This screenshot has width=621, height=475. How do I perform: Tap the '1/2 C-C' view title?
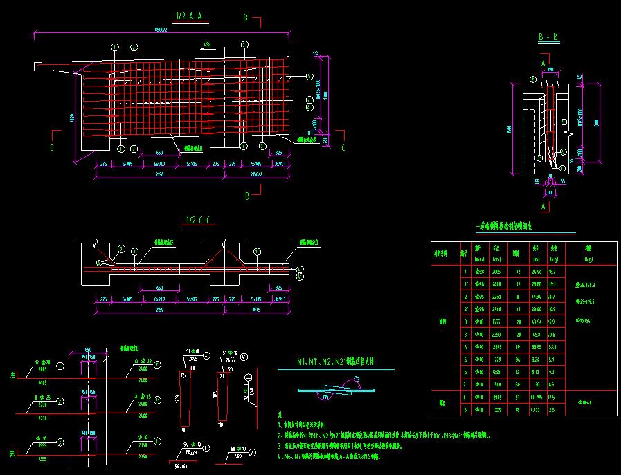[198, 221]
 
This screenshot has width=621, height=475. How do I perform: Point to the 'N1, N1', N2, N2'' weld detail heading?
[335, 362]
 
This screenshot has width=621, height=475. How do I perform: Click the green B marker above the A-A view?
[245, 17]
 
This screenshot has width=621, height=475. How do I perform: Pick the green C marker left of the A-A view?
[53, 147]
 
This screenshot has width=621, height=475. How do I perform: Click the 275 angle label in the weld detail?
[376, 378]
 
